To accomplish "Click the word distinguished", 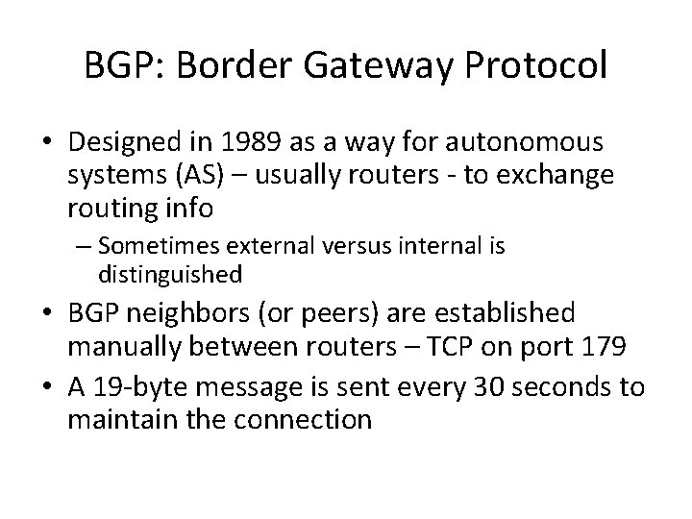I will (169, 275).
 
